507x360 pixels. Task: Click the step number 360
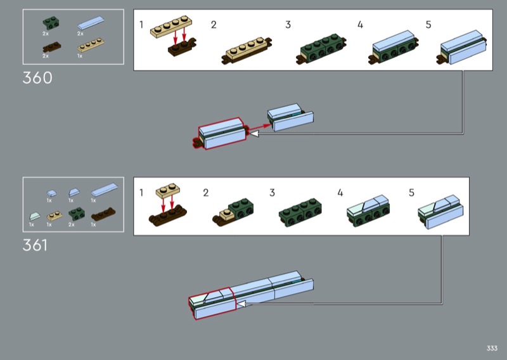[x=37, y=78]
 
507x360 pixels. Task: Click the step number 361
[x=35, y=245]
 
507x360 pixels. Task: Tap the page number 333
[x=492, y=348]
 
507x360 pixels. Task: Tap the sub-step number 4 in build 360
[x=360, y=25]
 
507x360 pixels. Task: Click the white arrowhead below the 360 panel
[x=253, y=134]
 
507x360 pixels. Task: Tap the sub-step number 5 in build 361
[x=411, y=192]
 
